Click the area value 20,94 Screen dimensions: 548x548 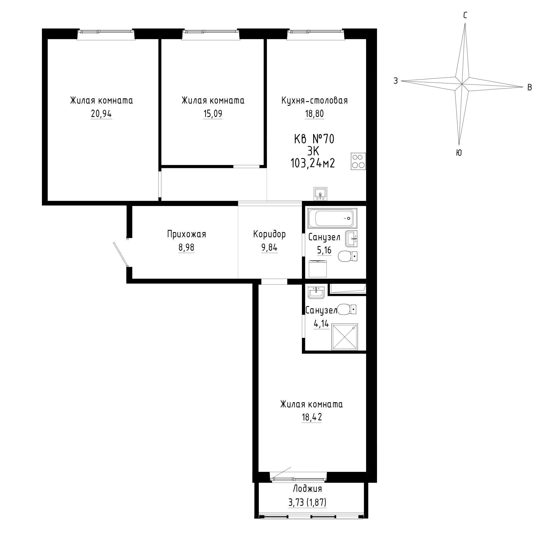[x=101, y=114]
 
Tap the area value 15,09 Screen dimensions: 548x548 [x=213, y=114]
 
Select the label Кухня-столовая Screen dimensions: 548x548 [x=315, y=100]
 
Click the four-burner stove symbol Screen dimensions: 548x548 [x=358, y=161]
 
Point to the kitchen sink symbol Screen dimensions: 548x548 [x=321, y=193]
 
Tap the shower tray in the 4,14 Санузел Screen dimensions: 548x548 [x=344, y=337]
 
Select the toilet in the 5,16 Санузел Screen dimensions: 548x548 [x=348, y=256]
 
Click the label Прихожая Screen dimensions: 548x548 [x=186, y=234]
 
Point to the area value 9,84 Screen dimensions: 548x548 [x=269, y=248]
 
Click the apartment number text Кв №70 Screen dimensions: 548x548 [x=314, y=139]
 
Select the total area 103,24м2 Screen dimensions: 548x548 [x=313, y=163]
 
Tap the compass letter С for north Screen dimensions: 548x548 [x=465, y=15]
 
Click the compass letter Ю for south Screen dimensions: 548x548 [x=459, y=153]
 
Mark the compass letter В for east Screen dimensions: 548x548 [x=529, y=87]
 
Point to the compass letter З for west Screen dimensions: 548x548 [x=396, y=81]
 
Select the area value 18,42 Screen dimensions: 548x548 [x=312, y=417]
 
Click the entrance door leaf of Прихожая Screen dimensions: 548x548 [x=121, y=255]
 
